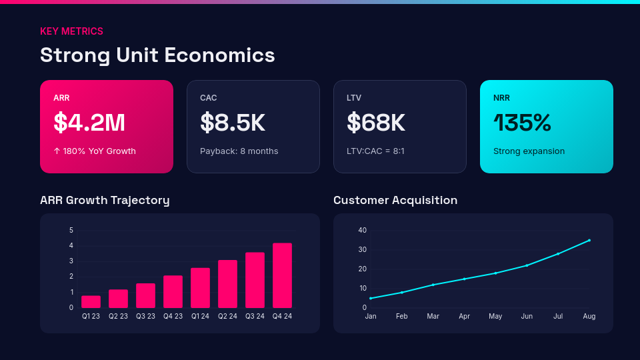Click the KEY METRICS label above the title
pyautogui.click(x=71, y=31)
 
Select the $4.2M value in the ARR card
pyautogui.click(x=89, y=123)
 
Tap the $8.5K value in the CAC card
pyautogui.click(x=233, y=123)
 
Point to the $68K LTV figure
pyautogui.click(x=376, y=123)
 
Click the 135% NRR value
pyautogui.click(x=522, y=123)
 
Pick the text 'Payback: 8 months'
pyautogui.click(x=239, y=151)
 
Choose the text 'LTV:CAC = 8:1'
pyautogui.click(x=375, y=151)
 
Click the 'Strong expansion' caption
pyautogui.click(x=529, y=151)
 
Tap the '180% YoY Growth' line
pyautogui.click(x=95, y=151)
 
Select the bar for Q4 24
pyautogui.click(x=282, y=275)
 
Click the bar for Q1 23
pyautogui.click(x=91, y=301)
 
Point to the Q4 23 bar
pyautogui.click(x=173, y=291)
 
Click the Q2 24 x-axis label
pyautogui.click(x=227, y=316)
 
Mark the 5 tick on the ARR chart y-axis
pyautogui.click(x=71, y=230)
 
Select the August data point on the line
pyautogui.click(x=589, y=240)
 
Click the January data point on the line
pyautogui.click(x=371, y=298)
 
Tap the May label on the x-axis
pyautogui.click(x=495, y=316)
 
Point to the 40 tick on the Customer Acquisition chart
pyautogui.click(x=363, y=230)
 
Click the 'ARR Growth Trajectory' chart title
pyautogui.click(x=105, y=200)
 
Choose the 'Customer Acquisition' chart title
pyautogui.click(x=395, y=200)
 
